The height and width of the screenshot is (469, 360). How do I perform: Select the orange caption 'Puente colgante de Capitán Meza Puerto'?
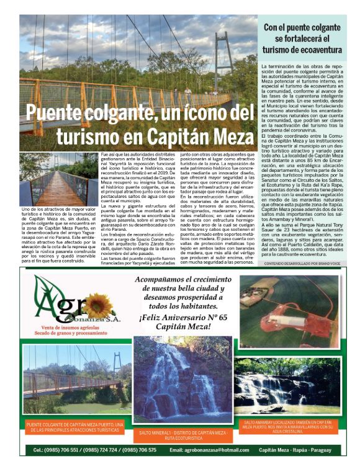(76, 427)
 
